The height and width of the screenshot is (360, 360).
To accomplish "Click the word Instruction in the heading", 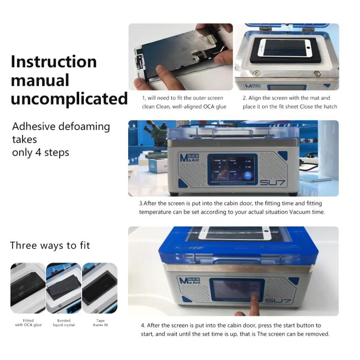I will coord(54,61).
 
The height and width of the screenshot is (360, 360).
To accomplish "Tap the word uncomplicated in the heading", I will coord(69,98).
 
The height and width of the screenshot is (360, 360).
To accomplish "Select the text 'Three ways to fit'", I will coord(50,245).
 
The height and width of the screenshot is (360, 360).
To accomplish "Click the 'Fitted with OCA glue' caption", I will coord(28,323).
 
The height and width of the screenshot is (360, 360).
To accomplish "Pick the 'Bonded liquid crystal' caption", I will coord(63,323).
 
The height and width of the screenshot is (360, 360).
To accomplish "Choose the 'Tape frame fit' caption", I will coord(99,323).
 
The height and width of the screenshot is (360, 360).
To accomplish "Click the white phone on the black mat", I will coord(285,48).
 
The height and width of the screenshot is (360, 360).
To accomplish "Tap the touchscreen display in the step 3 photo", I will coord(232,169).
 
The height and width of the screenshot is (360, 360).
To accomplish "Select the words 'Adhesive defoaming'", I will coord(61,127).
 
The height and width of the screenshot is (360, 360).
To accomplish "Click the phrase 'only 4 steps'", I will coord(41,153).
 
